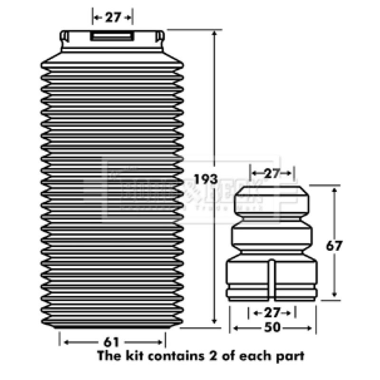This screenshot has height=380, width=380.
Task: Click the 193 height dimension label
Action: pyautogui.click(x=205, y=180)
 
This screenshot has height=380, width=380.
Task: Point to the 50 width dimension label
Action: pyautogui.click(x=272, y=327)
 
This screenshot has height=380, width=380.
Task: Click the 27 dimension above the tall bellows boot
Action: pyautogui.click(x=112, y=18)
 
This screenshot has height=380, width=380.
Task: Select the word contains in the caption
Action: pyautogui.click(x=167, y=355)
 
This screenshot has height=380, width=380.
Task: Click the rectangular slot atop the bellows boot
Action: pyautogui.click(x=112, y=37)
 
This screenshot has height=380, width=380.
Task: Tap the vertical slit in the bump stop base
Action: pyautogui.click(x=272, y=280)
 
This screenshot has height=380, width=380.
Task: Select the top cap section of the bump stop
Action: pyautogui.click(x=272, y=200)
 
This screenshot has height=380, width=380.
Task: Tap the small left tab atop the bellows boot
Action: pyautogui.click(x=65, y=36)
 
